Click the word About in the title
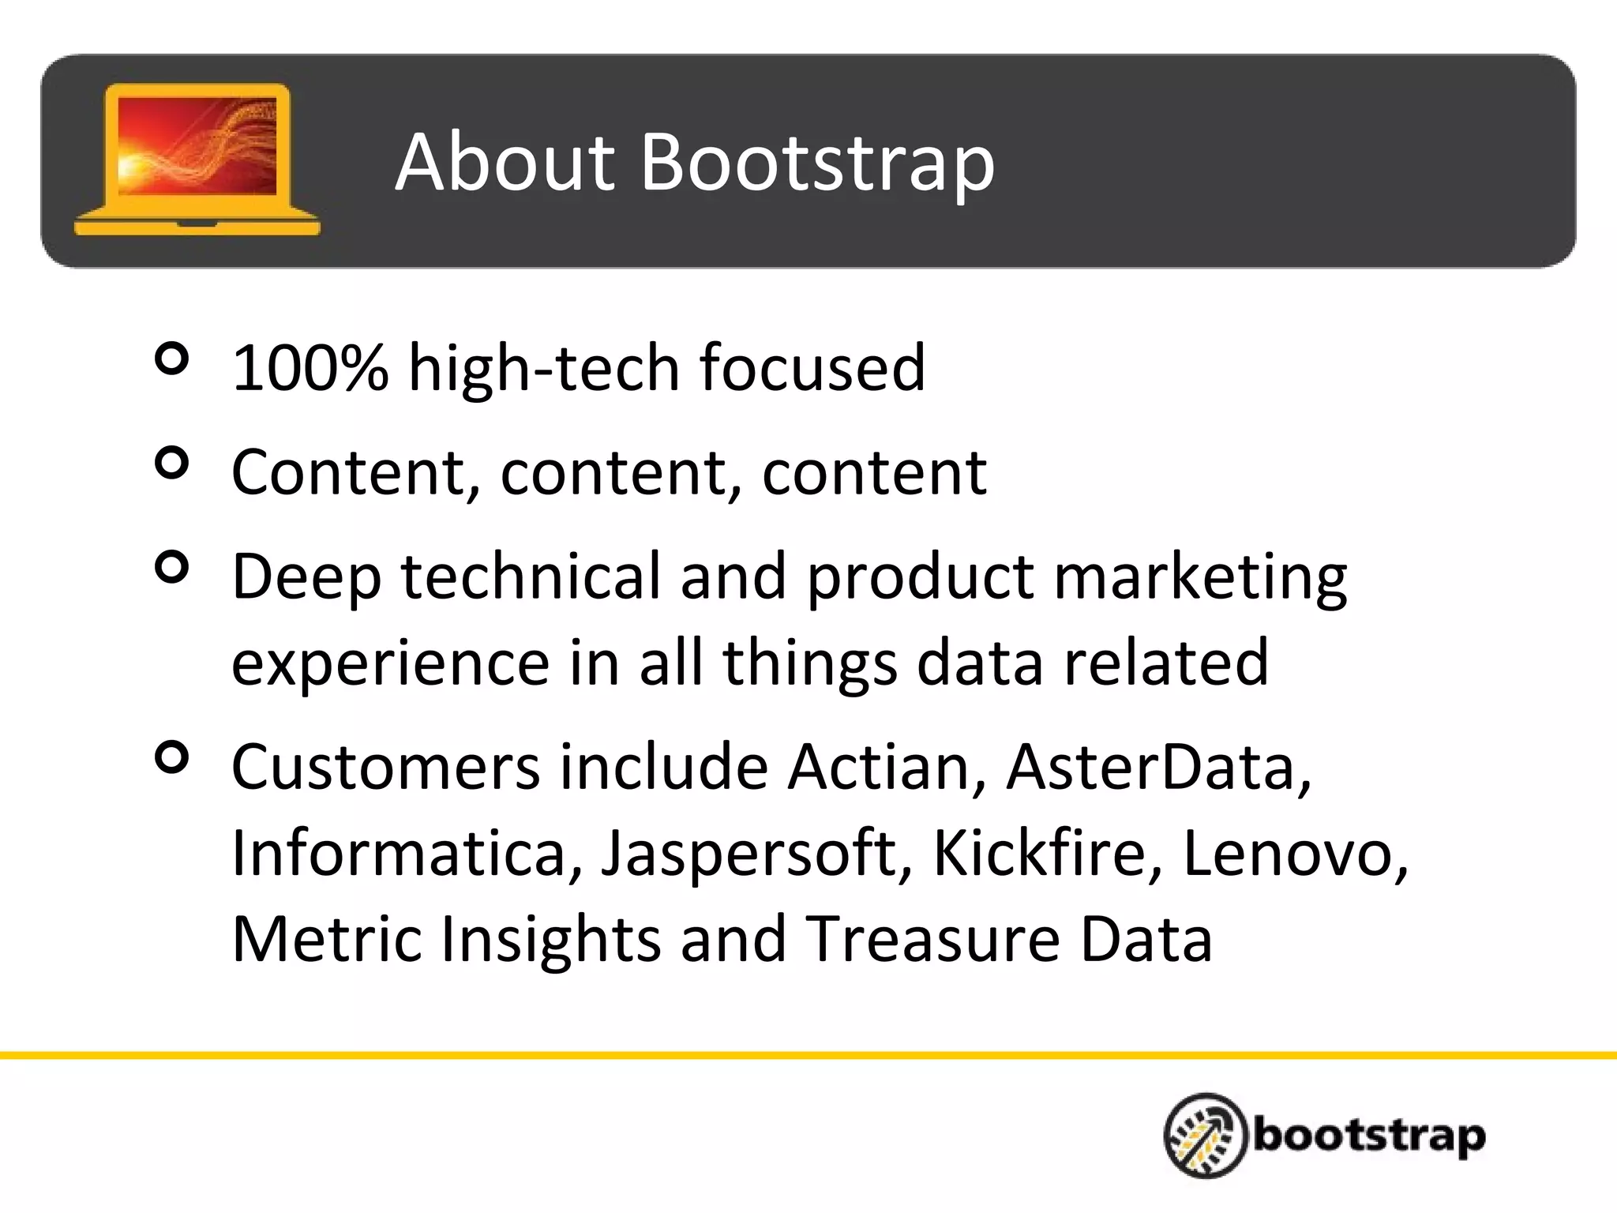coord(504,163)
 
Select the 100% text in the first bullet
coord(310,368)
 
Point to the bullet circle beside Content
coord(172,463)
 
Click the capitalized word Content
coord(356,472)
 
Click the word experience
coord(390,663)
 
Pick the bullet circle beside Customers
coord(172,757)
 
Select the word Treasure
coord(932,939)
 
